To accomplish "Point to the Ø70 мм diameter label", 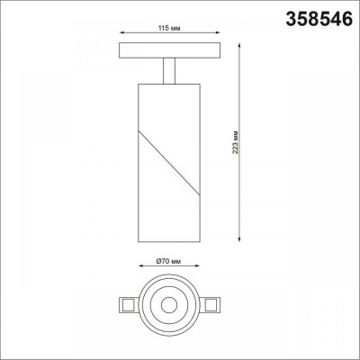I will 168,259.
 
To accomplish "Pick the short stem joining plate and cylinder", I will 168,71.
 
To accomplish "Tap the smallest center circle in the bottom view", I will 168,304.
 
